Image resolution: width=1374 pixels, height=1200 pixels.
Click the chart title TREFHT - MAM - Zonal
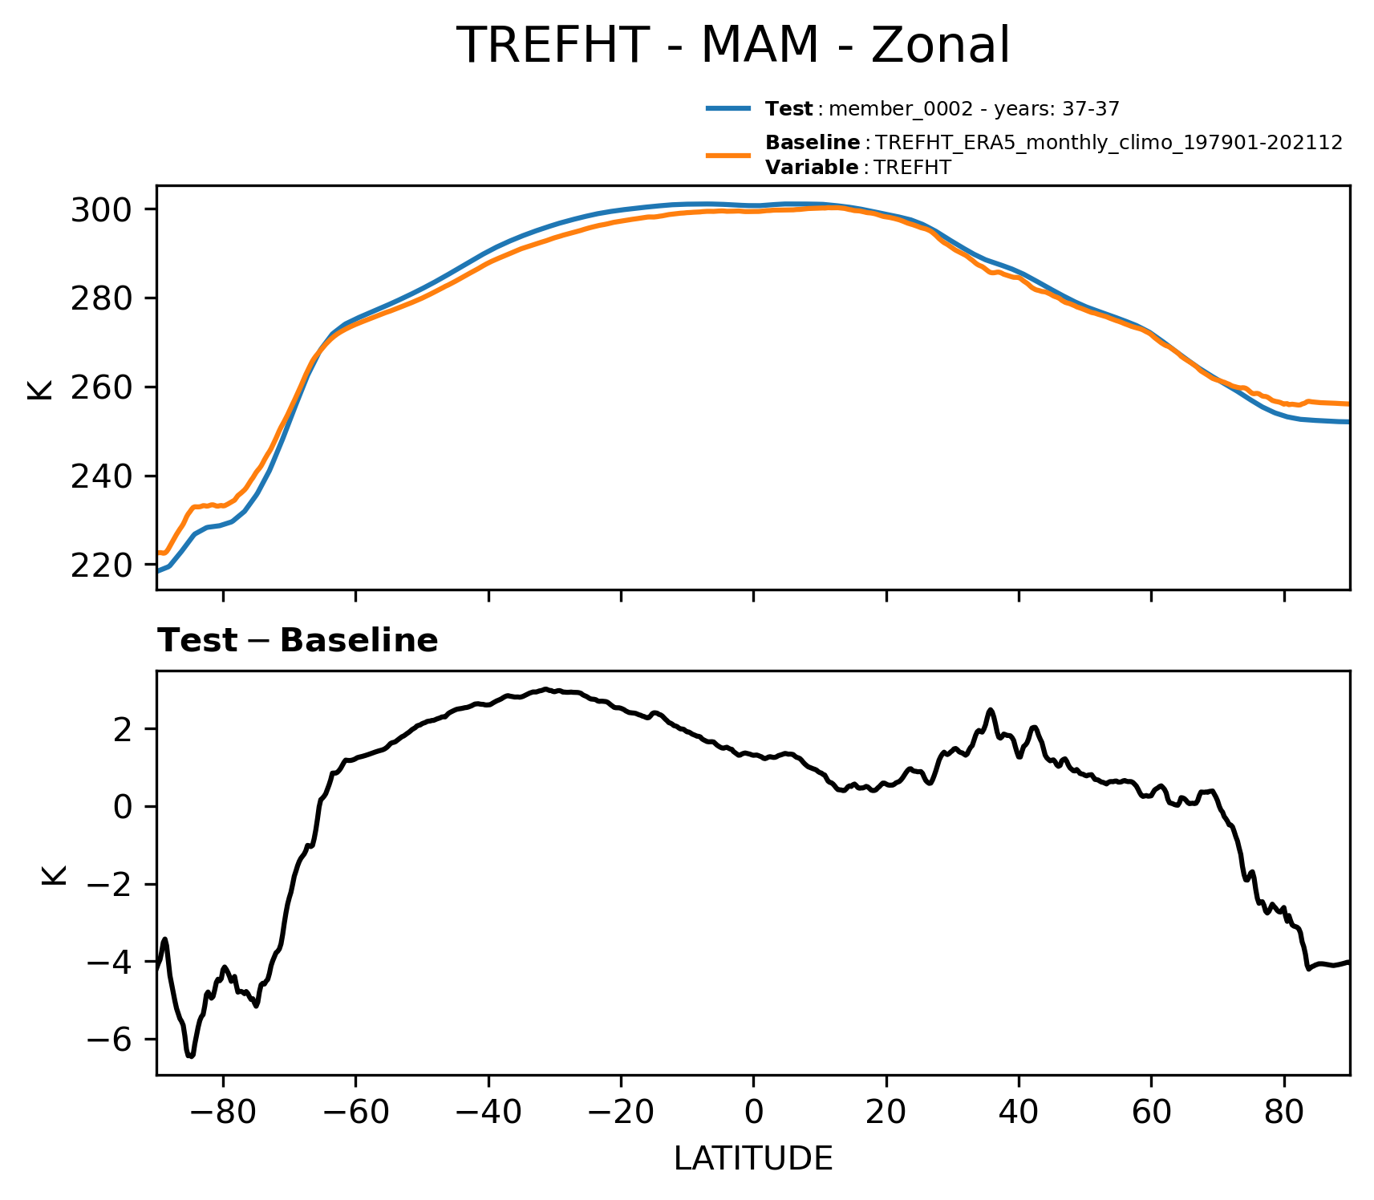click(x=732, y=45)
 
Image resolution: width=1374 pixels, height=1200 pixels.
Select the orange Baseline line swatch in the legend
click(x=728, y=155)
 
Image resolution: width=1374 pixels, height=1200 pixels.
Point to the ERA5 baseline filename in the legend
click(x=1109, y=143)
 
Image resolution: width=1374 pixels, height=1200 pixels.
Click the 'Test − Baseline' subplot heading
click(x=298, y=641)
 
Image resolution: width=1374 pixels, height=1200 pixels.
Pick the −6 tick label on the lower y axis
click(x=110, y=1040)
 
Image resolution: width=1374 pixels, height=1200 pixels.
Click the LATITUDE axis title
click(x=753, y=1159)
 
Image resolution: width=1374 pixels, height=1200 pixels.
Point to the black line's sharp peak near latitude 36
click(x=991, y=710)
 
